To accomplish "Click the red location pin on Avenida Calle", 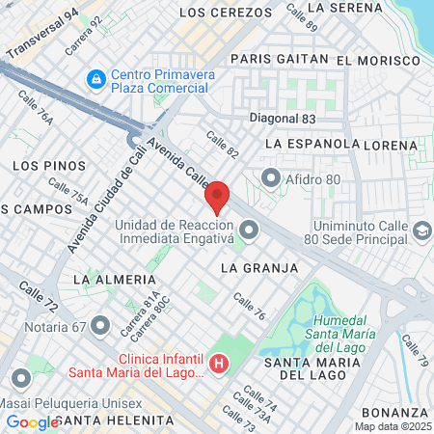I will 218,197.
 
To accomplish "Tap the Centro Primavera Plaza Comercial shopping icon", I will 96,77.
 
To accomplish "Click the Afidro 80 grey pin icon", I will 271,177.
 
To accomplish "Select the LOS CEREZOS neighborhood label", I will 227,13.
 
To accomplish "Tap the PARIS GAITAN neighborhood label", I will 280,58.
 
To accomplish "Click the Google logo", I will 32,421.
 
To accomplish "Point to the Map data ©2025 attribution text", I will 393,425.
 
